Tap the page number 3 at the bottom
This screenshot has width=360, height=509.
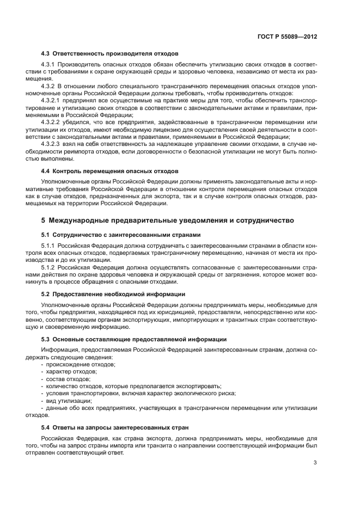pyautogui.click(x=315, y=463)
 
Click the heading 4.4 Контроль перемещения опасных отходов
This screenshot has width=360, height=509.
pyautogui.click(x=110, y=171)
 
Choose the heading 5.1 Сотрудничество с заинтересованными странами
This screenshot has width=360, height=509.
pyautogui.click(x=121, y=235)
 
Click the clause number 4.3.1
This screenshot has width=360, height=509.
pyautogui.click(x=48, y=66)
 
